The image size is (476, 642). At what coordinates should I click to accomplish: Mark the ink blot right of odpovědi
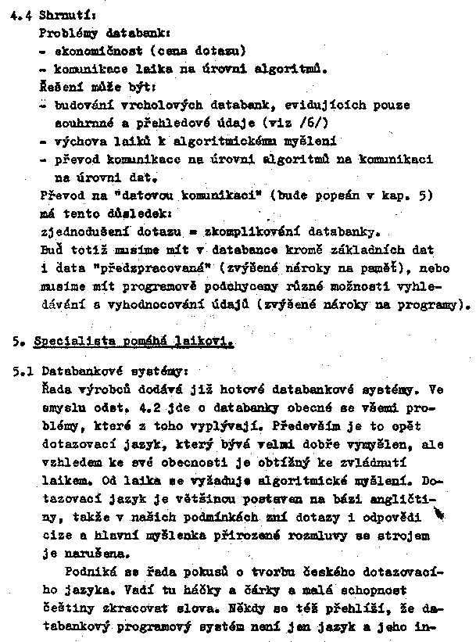coord(438,513)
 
